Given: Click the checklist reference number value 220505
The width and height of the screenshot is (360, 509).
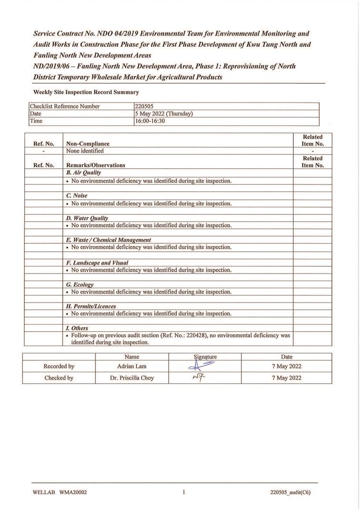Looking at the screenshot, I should (x=144, y=107).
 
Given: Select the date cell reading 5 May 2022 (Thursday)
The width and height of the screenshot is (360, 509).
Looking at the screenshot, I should (x=164, y=114).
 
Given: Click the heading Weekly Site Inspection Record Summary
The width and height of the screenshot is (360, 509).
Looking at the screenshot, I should (x=86, y=92).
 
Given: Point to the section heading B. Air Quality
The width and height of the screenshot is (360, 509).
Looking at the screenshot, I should (x=83, y=173).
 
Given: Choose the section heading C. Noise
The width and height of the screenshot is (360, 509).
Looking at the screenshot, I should (x=77, y=196).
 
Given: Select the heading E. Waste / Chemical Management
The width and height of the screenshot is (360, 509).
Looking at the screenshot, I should (x=109, y=240).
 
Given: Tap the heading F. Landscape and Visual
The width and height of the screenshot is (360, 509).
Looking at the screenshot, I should (x=97, y=263).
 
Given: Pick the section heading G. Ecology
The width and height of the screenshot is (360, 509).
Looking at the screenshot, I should (x=80, y=285).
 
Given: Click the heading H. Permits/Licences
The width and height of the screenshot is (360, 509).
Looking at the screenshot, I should (x=91, y=306).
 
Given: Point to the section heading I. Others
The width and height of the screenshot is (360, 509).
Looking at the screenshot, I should (x=77, y=328).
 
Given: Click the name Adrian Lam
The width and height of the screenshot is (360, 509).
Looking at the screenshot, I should (x=132, y=366).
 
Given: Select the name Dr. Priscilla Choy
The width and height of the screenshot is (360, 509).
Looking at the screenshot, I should (x=132, y=378).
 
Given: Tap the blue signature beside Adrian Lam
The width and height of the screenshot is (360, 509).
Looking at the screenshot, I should (x=201, y=366).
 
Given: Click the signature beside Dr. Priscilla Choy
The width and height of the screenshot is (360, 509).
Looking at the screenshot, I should (x=199, y=377).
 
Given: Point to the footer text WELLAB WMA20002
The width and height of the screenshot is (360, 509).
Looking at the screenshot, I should (x=60, y=493).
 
